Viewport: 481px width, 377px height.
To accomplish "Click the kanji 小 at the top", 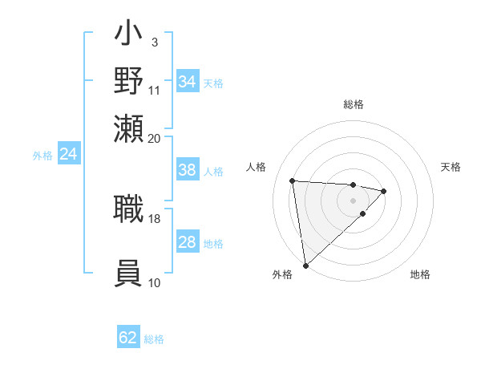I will coord(129,36).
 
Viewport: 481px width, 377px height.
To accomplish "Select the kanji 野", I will coord(129,83).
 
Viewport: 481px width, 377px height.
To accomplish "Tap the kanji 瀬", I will coord(129,129).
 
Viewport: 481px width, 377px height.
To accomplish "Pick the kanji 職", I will coord(129,209).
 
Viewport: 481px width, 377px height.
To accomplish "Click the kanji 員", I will coord(129,274).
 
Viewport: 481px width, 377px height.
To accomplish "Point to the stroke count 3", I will coord(154,42).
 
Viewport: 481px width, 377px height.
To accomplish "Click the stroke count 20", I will coord(155,138).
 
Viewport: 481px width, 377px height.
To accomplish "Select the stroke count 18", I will coord(155,218).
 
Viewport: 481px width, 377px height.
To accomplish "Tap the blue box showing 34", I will coord(188,82).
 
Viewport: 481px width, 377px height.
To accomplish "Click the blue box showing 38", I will coord(188,170).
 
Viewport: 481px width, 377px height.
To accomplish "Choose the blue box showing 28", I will coord(188,242).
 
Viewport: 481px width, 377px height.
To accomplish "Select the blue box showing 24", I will coord(69,155).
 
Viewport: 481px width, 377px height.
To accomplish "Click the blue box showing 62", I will coord(128,338).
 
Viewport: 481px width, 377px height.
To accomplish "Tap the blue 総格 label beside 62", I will coord(154,339).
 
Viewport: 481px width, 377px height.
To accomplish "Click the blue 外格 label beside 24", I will coord(42,156).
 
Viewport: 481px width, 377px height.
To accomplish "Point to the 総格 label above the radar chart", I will coord(354,104).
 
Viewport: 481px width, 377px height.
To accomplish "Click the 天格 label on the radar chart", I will coord(451,167).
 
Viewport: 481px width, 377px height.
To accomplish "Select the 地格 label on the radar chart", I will coord(420,275).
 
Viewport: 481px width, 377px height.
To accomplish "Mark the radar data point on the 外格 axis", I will coord(305,266).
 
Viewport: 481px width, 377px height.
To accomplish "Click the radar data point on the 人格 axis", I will coord(293,180).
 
